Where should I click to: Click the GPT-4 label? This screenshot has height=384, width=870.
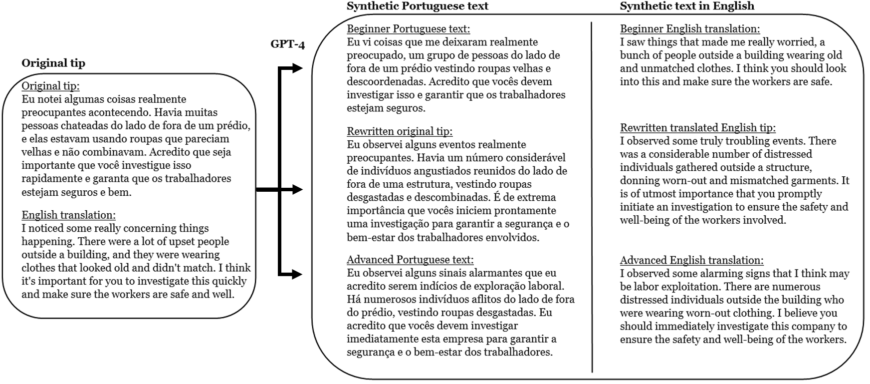point(287,44)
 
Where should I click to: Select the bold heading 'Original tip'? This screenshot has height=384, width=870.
point(53,63)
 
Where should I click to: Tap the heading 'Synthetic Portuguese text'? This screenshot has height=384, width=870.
point(417,6)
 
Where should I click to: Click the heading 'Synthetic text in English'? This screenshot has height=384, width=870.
point(686,6)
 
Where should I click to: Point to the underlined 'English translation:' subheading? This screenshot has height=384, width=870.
point(68,215)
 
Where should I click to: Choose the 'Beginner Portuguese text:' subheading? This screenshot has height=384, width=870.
point(408,29)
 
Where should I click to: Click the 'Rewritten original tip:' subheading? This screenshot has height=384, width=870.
point(399,131)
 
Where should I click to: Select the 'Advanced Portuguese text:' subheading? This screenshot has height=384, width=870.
point(410,260)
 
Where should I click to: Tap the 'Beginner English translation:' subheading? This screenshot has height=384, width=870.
point(689,29)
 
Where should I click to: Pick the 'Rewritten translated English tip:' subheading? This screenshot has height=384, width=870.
point(697,128)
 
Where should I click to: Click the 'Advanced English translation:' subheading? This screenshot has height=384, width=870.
point(691,260)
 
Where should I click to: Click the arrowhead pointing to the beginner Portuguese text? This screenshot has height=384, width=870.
point(297,68)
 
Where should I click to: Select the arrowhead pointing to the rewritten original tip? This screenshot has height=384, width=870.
point(297,189)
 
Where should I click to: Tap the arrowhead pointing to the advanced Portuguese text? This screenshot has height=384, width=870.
point(297,274)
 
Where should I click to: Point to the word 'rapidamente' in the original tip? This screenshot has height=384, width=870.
point(49,178)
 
